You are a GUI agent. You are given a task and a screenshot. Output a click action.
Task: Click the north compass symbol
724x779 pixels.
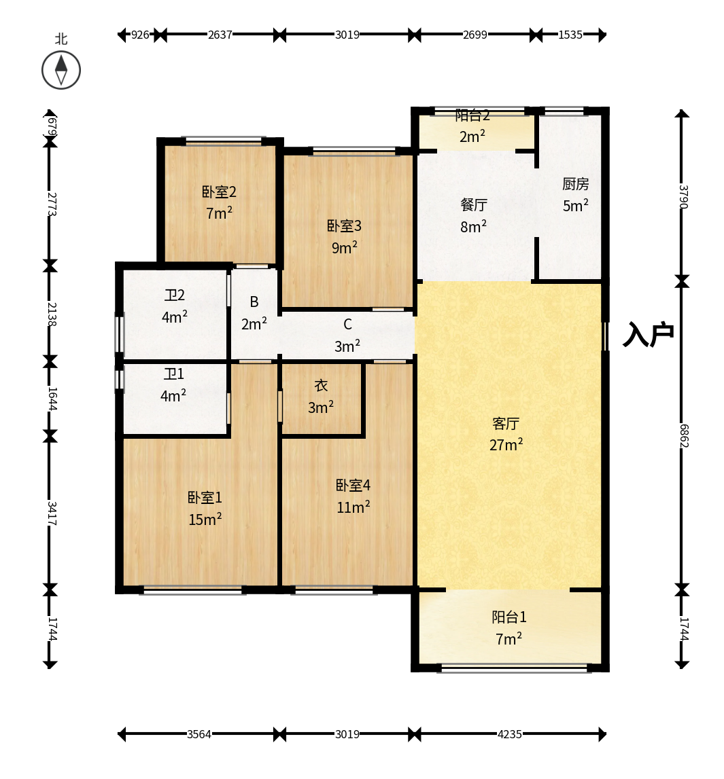click(61, 70)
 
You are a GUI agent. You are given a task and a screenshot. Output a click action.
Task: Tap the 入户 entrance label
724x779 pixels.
click(649, 334)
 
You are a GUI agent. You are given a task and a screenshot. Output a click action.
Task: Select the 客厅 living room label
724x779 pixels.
click(506, 423)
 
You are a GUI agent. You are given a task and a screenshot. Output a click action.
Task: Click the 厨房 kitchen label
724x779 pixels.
click(575, 184)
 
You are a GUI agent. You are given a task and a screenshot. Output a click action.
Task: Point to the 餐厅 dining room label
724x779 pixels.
click(473, 204)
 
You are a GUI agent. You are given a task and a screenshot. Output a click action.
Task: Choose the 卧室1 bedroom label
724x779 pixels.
click(205, 497)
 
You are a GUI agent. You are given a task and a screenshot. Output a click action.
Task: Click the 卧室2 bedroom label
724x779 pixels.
click(219, 192)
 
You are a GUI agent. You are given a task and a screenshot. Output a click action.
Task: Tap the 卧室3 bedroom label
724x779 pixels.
click(344, 226)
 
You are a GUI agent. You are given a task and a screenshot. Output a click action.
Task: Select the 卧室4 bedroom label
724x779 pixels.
click(353, 486)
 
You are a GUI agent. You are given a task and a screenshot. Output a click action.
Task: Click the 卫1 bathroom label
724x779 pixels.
click(173, 374)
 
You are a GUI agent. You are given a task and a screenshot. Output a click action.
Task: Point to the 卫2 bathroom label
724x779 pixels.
click(175, 295)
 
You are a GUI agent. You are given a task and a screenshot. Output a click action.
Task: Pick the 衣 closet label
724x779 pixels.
click(321, 386)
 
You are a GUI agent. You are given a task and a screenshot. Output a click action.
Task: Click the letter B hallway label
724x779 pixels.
click(254, 302)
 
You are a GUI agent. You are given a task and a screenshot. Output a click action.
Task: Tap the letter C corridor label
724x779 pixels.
click(347, 325)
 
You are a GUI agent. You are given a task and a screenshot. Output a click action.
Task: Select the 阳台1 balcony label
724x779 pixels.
click(508, 617)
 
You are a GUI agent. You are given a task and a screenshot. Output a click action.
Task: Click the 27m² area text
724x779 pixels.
click(506, 444)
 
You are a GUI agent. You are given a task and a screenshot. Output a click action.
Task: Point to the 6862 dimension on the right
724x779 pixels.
click(684, 436)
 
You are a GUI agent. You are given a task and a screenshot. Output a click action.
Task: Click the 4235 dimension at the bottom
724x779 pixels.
click(510, 734)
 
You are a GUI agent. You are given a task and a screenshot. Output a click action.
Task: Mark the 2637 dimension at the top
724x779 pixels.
click(220, 35)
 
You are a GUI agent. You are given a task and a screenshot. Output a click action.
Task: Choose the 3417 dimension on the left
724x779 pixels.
click(52, 513)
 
